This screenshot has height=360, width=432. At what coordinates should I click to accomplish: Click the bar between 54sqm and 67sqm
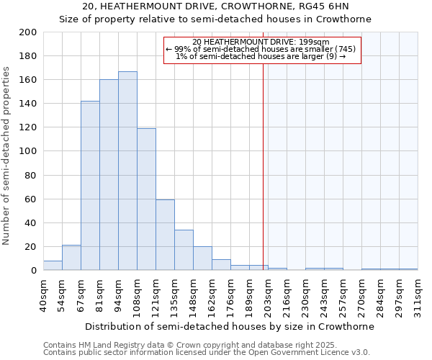(71, 258)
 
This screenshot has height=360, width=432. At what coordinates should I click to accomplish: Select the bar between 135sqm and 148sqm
(184, 250)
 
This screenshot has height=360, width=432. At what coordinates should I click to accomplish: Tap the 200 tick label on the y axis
(28, 32)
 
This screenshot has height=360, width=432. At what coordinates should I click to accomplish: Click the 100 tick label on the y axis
(28, 151)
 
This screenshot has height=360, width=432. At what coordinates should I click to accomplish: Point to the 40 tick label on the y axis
(31, 222)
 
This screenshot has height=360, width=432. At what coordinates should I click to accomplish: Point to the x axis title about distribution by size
(229, 326)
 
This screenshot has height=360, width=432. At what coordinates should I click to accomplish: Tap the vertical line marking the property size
(263, 158)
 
